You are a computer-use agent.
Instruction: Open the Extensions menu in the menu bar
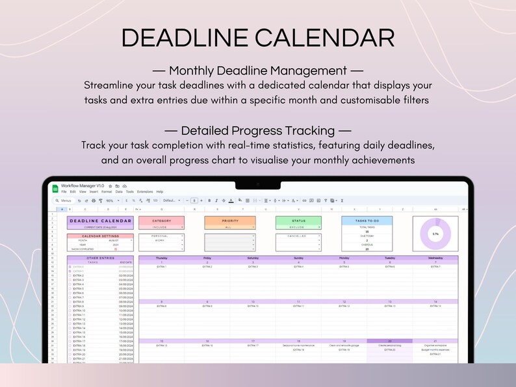tap(144, 192)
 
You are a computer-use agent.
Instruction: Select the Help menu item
tap(160, 192)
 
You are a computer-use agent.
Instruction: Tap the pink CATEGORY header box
tap(161, 221)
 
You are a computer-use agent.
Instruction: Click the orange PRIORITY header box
tap(230, 221)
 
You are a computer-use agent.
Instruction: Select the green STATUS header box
tap(298, 221)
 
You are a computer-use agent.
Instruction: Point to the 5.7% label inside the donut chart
tap(435, 234)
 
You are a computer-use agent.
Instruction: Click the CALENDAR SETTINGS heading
tap(100, 236)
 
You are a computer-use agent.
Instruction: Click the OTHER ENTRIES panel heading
tap(100, 258)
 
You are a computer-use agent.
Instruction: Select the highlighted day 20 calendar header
tap(389, 341)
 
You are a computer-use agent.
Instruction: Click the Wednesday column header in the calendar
tap(435, 258)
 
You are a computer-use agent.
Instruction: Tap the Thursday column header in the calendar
tap(161, 258)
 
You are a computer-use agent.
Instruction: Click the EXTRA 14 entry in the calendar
tap(435, 306)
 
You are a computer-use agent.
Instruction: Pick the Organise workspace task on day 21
tap(435, 345)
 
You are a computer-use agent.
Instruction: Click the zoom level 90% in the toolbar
tap(110, 201)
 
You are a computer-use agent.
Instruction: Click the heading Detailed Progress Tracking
tap(257, 130)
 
